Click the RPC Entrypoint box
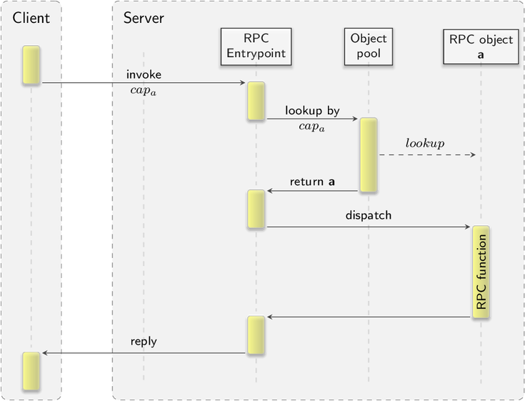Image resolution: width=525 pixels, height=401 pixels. (x=256, y=46)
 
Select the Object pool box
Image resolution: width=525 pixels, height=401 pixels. (x=369, y=46)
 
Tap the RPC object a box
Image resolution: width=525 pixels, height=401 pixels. (x=481, y=46)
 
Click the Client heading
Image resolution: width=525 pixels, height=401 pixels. (x=31, y=18)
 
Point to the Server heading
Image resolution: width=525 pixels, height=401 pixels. (x=144, y=18)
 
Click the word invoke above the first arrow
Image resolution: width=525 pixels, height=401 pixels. (x=144, y=74)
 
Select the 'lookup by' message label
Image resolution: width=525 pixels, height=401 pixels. (x=312, y=111)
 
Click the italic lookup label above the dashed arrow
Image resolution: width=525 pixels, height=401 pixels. (x=425, y=143)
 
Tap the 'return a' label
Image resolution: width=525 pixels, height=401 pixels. (x=312, y=182)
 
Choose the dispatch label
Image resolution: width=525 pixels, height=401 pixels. (x=369, y=215)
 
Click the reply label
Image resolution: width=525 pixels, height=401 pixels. (x=144, y=342)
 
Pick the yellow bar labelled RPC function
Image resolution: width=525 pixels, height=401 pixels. (x=481, y=272)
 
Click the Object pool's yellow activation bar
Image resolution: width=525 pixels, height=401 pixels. (x=369, y=155)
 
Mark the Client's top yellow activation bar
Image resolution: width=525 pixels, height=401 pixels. (x=31, y=64)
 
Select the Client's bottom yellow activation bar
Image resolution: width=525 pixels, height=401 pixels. (x=31, y=371)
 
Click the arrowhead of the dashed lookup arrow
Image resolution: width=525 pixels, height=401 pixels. (x=474, y=155)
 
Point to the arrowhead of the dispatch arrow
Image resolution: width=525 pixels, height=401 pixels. (x=468, y=227)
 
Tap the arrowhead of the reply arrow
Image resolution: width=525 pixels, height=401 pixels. (x=45, y=353)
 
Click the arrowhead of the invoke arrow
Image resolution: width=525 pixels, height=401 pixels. (x=243, y=83)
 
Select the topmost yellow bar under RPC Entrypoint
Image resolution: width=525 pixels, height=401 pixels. (x=256, y=101)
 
